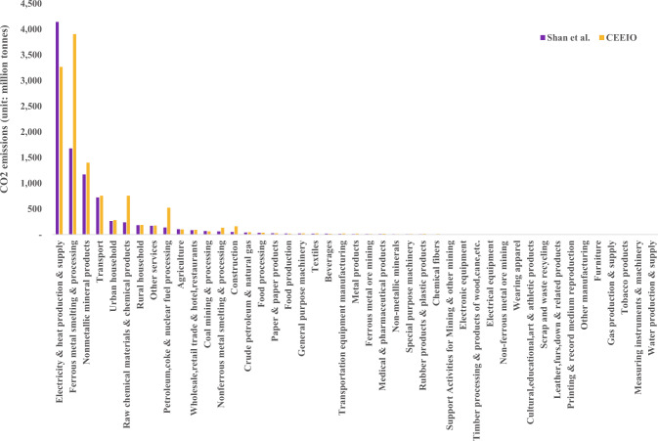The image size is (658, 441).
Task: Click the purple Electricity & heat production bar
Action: click(57, 127)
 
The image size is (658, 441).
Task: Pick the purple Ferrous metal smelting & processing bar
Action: click(70, 191)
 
